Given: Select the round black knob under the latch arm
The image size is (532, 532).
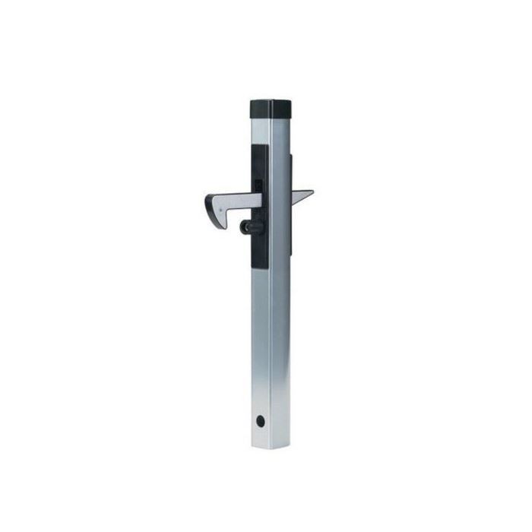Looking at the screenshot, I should pos(246,226).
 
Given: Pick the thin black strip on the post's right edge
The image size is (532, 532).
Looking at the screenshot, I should pos(291,175).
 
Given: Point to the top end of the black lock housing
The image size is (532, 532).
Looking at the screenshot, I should pos(259,147).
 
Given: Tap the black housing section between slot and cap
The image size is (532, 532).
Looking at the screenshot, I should pos(259,163).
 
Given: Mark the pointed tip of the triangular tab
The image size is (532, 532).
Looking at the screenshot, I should pos(312,192).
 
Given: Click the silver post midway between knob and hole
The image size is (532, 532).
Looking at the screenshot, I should pos(261,323).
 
